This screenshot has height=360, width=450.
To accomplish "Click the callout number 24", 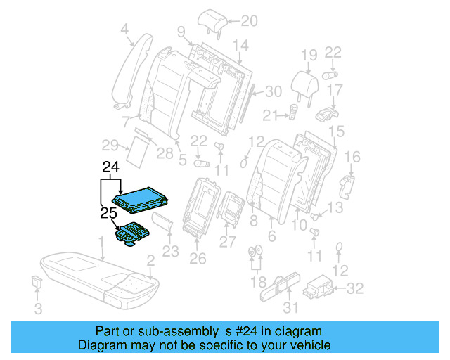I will (111, 167).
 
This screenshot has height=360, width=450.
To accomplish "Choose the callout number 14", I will (240, 46).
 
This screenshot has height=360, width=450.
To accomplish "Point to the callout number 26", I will (198, 258).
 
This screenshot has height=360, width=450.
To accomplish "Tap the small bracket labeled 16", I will (347, 185).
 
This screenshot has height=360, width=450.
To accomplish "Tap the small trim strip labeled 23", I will (162, 224).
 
